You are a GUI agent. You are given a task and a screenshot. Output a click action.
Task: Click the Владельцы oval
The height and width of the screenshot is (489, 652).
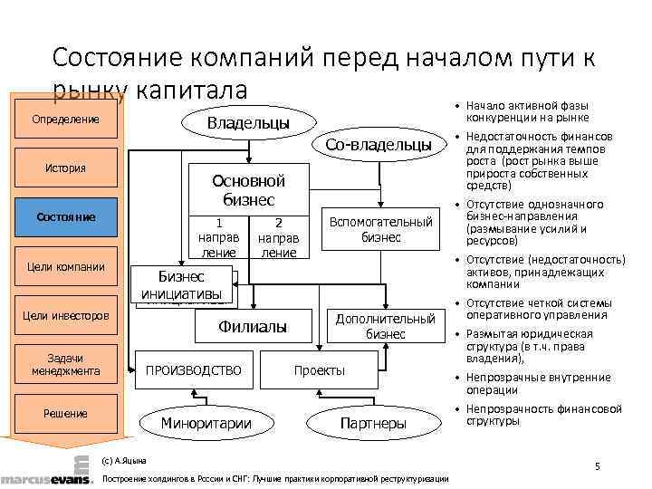pos(249,122)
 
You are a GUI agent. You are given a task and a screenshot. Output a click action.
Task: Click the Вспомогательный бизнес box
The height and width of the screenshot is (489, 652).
pos(381,230)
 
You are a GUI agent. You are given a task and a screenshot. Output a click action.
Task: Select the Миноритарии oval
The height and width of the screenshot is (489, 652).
pos(206,423)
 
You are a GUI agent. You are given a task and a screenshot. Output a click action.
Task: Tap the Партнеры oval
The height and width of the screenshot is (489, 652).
pos(373,423)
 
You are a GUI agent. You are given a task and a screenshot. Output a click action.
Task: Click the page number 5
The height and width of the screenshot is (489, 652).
pos(598,465)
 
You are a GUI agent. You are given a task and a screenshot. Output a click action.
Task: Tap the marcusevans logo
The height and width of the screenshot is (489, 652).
pos(46,478)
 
